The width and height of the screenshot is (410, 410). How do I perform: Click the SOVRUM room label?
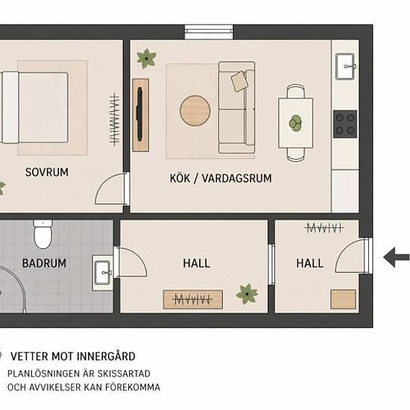47,172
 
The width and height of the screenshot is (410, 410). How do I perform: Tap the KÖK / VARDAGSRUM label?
221,178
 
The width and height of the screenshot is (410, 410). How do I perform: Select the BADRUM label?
44,263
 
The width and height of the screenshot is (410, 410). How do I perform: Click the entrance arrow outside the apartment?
397,257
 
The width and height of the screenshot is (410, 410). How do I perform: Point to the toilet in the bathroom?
43,234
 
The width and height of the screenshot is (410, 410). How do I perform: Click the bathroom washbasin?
102,273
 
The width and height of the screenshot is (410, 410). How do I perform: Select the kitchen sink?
345,66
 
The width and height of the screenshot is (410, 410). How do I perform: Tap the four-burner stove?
345,124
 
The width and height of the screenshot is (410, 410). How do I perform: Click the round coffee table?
195,110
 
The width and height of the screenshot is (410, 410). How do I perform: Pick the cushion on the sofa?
239,81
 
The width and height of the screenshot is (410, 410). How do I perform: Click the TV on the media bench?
139,114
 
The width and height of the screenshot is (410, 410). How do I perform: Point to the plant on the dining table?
295,123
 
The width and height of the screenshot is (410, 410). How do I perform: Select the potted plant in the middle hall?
247,294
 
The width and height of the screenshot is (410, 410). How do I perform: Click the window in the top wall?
209,32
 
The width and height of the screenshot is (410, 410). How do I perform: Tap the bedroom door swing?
110,189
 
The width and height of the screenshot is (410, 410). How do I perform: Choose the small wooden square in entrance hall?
344,299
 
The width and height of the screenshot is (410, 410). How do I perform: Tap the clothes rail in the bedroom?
114,119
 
